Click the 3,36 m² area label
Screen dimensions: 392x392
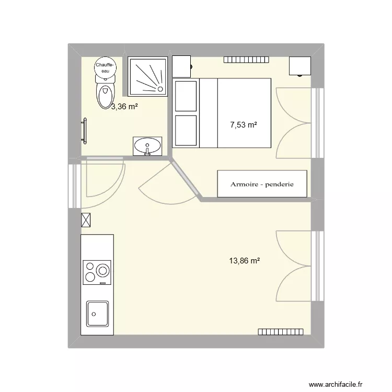124,107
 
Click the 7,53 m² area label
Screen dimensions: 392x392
244,125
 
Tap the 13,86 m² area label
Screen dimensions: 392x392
244,260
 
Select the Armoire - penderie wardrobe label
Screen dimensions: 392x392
262,184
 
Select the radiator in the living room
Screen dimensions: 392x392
281,331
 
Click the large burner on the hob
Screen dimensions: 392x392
102,270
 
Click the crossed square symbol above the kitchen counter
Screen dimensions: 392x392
86,220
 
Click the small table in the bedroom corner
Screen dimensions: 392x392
300,65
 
